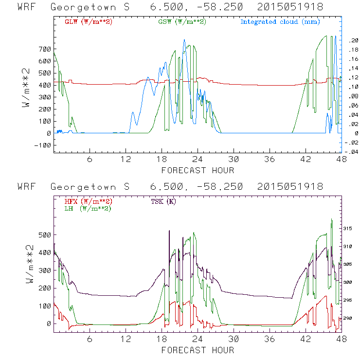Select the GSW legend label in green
click(x=182, y=22)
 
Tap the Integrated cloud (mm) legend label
click(x=279, y=22)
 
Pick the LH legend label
click(x=88, y=208)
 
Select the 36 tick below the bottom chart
click(x=270, y=340)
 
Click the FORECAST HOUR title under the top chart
click(x=198, y=170)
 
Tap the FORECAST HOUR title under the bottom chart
click(x=198, y=350)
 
